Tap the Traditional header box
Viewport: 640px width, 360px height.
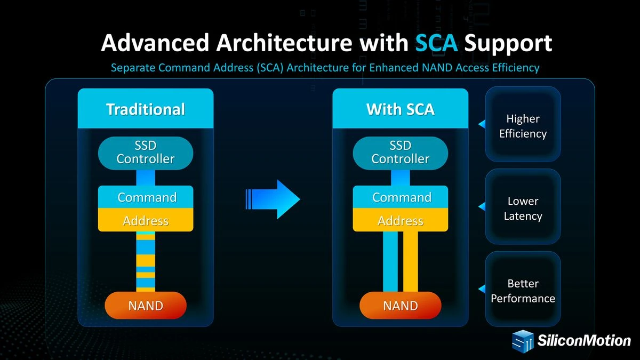click(146, 109)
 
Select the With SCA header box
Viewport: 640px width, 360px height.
click(401, 109)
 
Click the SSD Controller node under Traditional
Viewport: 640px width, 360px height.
click(146, 153)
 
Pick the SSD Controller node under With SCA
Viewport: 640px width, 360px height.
click(401, 153)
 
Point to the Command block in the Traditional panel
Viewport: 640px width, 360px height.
click(146, 197)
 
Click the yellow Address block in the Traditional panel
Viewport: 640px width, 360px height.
click(146, 220)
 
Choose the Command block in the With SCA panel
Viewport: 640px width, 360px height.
click(401, 197)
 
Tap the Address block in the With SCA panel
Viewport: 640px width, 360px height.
click(401, 220)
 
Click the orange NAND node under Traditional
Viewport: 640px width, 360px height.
click(146, 306)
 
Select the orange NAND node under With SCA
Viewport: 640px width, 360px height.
click(401, 306)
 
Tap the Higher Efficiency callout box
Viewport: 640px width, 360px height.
click(523, 126)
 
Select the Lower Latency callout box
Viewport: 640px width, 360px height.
click(523, 208)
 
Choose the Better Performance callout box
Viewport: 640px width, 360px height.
click(523, 291)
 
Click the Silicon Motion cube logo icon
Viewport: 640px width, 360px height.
click(523, 341)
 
